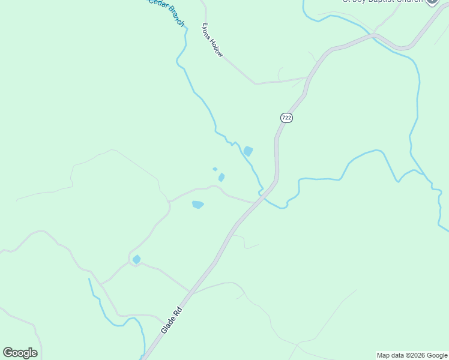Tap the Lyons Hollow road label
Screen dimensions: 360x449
click(212, 41)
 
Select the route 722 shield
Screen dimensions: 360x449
click(286, 118)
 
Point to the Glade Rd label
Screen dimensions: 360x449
click(171, 321)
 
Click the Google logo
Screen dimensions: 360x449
click(20, 353)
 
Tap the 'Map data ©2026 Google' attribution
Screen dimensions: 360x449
click(412, 355)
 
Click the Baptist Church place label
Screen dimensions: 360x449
click(382, 2)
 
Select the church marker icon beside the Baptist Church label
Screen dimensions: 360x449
click(432, 2)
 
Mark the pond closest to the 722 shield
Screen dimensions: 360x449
click(248, 151)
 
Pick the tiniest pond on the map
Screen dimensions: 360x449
click(215, 169)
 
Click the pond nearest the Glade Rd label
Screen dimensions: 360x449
click(137, 259)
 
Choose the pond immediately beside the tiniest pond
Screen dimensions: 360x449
click(221, 177)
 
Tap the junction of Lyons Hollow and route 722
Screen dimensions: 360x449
click(307, 78)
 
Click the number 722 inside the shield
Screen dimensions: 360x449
click(286, 118)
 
